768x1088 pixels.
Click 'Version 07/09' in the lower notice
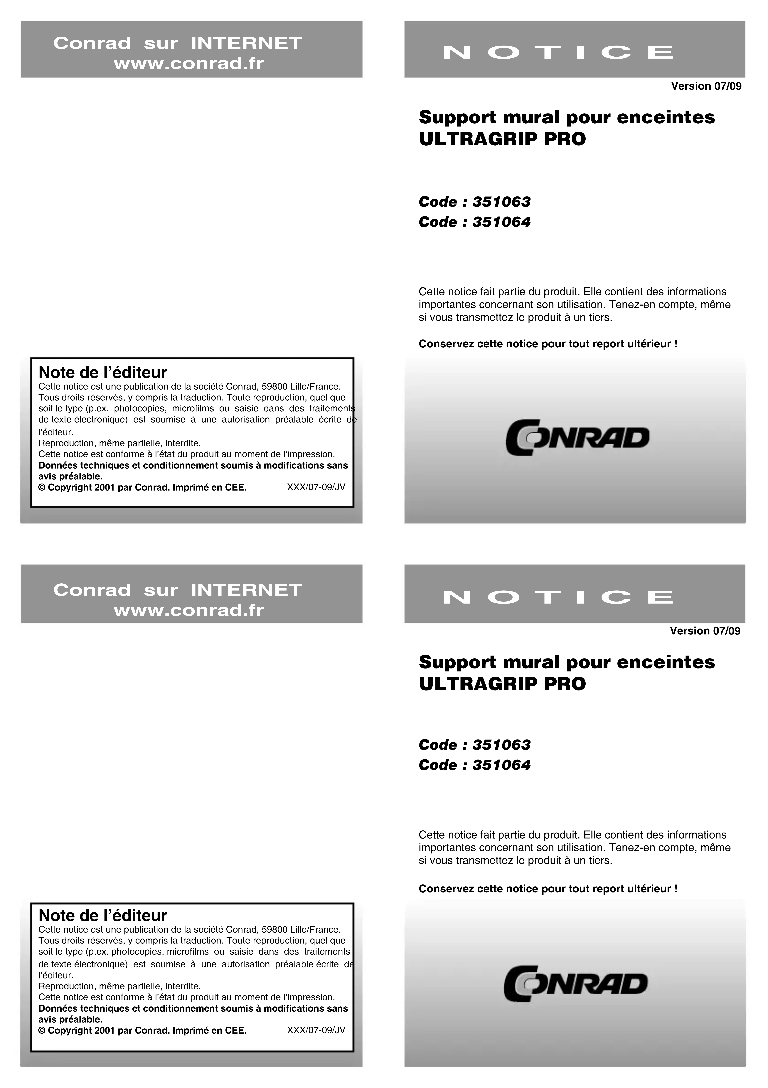pos(705,631)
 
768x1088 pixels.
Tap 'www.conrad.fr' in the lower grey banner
pos(189,610)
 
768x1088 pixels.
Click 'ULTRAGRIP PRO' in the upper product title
pos(502,139)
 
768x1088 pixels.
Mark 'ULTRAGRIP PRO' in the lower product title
pos(502,684)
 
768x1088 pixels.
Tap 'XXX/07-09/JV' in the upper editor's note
pos(316,487)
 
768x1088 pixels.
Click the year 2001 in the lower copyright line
pos(105,1030)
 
